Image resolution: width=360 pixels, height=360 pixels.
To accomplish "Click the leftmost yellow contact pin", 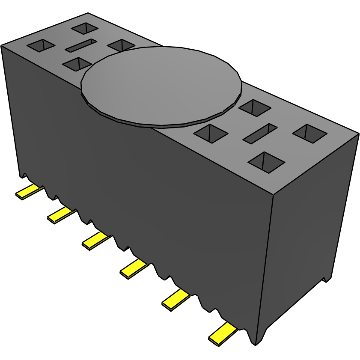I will (x=29, y=191).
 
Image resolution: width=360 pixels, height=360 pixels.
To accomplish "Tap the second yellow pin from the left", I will (x=61, y=215).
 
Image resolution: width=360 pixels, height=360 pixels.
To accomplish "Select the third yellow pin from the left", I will (x=96, y=241).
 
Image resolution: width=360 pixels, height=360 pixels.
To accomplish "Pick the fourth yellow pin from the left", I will (x=134, y=268).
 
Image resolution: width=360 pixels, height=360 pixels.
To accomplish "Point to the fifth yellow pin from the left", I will (x=175, y=299).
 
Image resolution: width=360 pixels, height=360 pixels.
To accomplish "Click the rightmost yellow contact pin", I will (x=222, y=334).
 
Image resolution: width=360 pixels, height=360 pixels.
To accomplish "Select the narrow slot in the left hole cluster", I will (x=80, y=45).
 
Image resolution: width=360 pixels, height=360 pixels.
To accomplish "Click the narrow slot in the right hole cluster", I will (x=260, y=133).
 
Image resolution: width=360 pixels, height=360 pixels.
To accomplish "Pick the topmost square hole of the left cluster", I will (x=85, y=28).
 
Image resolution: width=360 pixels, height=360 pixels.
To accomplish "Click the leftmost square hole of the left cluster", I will (x=41, y=45).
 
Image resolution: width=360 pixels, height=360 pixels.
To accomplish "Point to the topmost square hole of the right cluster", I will (x=255, y=107).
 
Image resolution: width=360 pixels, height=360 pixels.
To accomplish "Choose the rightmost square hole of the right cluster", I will (x=310, y=133).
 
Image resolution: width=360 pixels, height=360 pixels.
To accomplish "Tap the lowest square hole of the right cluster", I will (x=266, y=162).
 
